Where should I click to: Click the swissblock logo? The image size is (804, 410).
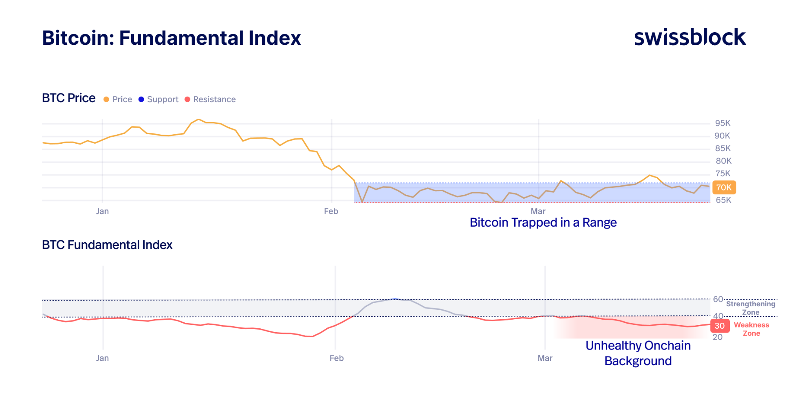(x=690, y=37)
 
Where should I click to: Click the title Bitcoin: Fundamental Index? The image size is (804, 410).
(x=171, y=38)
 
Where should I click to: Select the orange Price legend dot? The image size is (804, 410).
(x=106, y=99)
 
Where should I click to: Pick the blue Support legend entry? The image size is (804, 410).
(x=159, y=99)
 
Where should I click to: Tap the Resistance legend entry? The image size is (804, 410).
(x=210, y=99)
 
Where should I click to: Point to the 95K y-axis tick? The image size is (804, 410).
(x=722, y=123)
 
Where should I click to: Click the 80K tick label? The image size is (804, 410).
(x=723, y=161)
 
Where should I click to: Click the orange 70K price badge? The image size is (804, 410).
(x=724, y=187)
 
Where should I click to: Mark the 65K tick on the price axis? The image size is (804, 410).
(x=723, y=200)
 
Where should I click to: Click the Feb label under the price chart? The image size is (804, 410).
(x=331, y=211)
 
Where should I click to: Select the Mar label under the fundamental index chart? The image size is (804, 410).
(x=545, y=358)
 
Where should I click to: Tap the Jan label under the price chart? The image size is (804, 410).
(x=102, y=211)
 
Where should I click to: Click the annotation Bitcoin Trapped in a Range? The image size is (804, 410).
(x=543, y=223)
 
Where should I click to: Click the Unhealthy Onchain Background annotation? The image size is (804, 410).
(x=638, y=353)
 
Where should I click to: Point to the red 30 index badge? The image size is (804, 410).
(x=720, y=326)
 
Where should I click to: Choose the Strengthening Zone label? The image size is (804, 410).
(x=751, y=308)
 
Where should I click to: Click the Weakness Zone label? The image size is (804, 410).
(x=751, y=329)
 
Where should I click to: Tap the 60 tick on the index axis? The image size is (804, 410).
(x=718, y=299)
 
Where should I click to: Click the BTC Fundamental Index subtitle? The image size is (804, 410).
(x=107, y=245)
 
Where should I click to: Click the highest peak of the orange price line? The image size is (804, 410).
(x=199, y=119)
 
